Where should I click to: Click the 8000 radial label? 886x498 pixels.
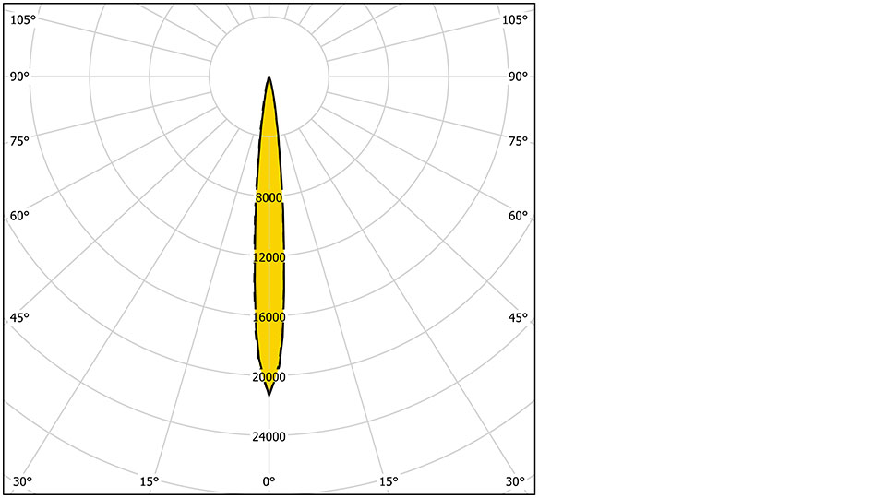(269, 197)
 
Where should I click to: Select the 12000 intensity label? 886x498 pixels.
(269, 257)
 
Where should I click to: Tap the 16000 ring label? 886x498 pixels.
(269, 317)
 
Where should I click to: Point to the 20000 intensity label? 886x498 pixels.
(269, 377)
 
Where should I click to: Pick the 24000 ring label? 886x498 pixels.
(269, 436)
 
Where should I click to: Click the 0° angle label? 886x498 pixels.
(269, 481)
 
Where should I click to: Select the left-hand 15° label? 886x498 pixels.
(150, 481)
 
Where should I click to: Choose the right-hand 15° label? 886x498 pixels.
(389, 481)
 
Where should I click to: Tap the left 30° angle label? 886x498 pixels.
(22, 481)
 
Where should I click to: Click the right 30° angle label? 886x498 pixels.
(515, 481)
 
